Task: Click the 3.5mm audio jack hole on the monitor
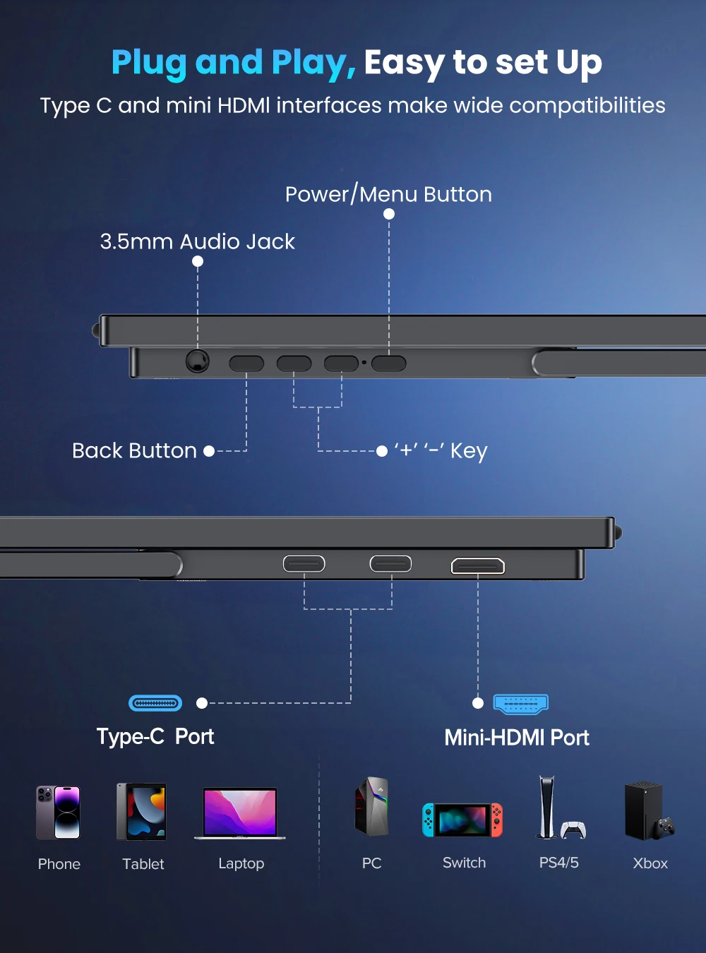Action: coord(198,361)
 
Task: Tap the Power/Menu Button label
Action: coord(388,194)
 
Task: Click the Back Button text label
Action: coord(134,450)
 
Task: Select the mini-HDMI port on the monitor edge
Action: coord(478,566)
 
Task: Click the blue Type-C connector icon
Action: coord(155,703)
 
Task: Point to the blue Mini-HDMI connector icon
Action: coord(521,703)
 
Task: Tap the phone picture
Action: coord(58,813)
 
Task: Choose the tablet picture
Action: coord(142,812)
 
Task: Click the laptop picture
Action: coord(240,813)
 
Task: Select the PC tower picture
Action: coord(372,807)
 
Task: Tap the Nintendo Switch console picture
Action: coord(462,820)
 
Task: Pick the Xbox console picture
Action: coord(645,810)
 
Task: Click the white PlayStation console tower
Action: coord(546,807)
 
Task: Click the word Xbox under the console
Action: coord(650,863)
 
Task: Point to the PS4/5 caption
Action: coord(558,863)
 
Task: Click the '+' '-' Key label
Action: coord(441,450)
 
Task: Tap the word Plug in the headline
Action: coord(150,62)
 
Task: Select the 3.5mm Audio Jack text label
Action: coord(198,241)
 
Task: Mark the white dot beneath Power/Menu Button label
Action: coord(389,214)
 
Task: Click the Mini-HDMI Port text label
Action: coord(517,738)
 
